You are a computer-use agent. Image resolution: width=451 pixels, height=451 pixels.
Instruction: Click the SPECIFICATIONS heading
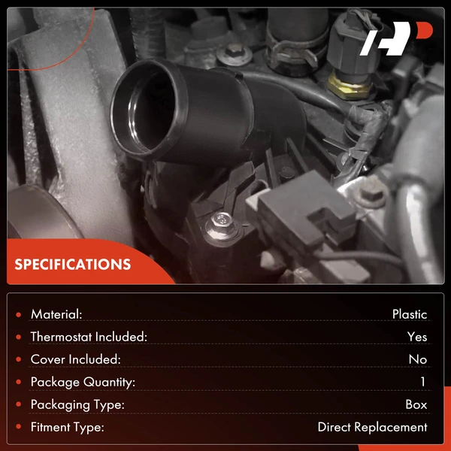72,265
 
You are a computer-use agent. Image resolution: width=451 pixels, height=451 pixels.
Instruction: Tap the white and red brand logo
396,38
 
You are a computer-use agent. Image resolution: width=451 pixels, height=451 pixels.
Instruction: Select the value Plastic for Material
410,314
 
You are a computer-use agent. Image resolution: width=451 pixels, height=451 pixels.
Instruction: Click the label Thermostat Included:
89,337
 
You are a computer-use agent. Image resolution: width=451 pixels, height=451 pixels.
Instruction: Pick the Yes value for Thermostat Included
417,337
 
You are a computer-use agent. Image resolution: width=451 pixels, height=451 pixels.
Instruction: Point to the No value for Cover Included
418,359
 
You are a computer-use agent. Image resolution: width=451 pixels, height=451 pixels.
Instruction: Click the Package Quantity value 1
422,382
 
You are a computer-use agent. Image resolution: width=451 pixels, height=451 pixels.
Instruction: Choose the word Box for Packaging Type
416,404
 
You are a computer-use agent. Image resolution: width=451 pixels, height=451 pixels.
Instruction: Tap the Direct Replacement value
373,427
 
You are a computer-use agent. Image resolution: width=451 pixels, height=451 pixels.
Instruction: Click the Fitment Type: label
68,428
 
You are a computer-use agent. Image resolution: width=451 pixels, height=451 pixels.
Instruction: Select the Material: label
56,314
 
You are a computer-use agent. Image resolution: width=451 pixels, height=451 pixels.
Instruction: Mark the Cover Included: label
75,359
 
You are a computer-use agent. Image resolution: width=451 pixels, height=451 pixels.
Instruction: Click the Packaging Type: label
77,405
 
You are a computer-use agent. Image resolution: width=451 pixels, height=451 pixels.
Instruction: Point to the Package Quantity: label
83,383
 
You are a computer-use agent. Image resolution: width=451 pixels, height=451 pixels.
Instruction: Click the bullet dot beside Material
19,315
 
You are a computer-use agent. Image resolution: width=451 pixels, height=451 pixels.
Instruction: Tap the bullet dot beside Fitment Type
19,427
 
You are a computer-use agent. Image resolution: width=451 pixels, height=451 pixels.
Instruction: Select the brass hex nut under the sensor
349,85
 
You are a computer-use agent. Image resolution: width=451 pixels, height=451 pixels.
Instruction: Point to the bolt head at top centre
234,53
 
